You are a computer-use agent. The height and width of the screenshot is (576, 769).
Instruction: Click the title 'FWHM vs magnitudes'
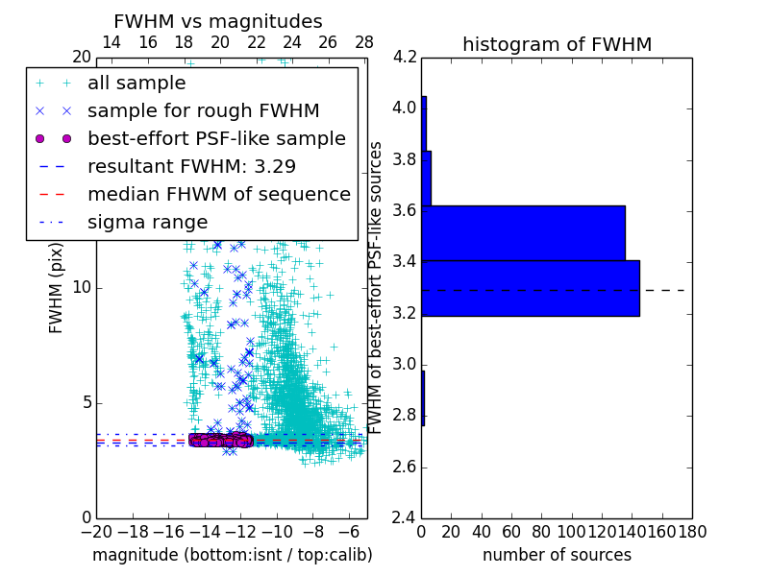point(217,21)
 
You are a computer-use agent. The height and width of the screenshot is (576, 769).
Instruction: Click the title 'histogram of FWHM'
point(557,44)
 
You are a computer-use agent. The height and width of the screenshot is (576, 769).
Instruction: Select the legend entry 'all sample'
point(136,84)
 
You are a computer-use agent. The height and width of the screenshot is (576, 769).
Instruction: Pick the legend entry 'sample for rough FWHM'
point(203,111)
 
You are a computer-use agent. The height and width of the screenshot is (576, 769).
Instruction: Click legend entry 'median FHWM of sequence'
point(218,195)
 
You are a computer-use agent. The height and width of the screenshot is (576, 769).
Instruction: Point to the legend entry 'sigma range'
point(147,223)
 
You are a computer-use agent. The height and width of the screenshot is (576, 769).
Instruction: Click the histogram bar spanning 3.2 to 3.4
point(531,288)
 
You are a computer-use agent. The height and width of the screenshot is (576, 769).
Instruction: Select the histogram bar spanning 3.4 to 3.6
point(523,233)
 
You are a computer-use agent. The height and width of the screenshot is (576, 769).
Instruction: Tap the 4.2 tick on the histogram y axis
point(405,57)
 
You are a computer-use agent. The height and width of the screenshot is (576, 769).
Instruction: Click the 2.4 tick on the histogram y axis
point(405,518)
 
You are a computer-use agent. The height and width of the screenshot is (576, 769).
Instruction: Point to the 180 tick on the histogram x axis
point(691,532)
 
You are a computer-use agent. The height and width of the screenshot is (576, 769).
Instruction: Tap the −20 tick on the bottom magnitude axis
point(96,532)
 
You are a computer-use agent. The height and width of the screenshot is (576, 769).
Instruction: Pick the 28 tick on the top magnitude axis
point(364,42)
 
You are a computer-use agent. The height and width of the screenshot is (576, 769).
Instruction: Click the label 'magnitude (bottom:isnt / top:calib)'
point(232,555)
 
